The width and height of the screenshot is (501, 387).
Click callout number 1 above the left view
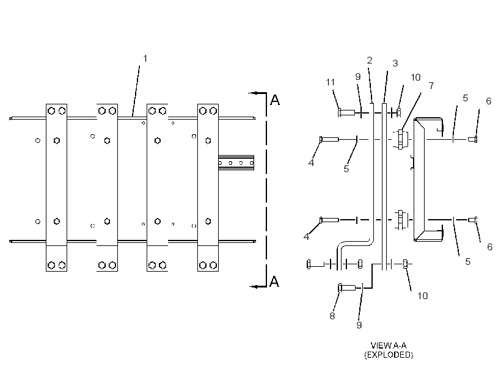145,59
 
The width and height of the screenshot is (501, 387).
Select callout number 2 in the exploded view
370,60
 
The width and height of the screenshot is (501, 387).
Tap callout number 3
395,63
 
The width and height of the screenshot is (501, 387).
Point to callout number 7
431,86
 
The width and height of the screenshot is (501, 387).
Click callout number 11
331,82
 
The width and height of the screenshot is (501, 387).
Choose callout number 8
332,316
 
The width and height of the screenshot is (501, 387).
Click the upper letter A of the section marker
275,100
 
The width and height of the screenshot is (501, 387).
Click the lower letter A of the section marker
274,281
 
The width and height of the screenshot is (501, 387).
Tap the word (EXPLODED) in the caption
389,355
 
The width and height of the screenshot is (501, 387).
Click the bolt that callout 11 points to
346,112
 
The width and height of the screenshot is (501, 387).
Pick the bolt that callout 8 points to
346,288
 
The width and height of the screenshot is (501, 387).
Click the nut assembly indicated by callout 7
400,139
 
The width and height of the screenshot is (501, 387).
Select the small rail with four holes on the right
236,163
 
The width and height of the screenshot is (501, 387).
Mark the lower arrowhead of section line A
254,286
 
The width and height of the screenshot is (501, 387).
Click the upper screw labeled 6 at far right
473,139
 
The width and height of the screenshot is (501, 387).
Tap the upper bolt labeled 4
329,139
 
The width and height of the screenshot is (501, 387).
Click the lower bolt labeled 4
329,220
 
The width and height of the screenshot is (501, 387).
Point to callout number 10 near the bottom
423,296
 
